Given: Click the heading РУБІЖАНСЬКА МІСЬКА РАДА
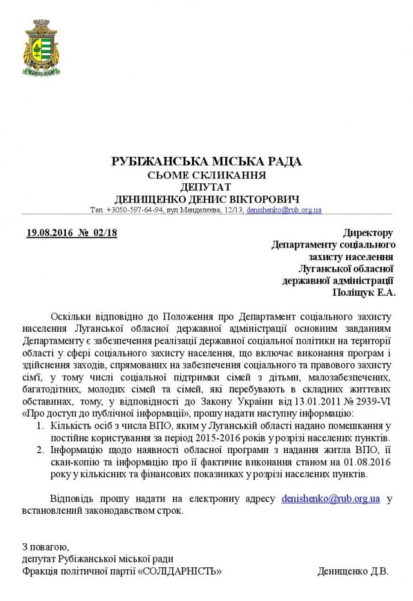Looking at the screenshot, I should point(206,162).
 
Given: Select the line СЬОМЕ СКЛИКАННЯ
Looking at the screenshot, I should point(206,175).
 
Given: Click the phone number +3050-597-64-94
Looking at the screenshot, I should point(135,210).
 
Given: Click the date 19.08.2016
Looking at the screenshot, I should point(50,233).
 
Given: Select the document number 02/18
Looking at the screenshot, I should point(104,233).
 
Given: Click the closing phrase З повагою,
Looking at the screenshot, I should point(46,547).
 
